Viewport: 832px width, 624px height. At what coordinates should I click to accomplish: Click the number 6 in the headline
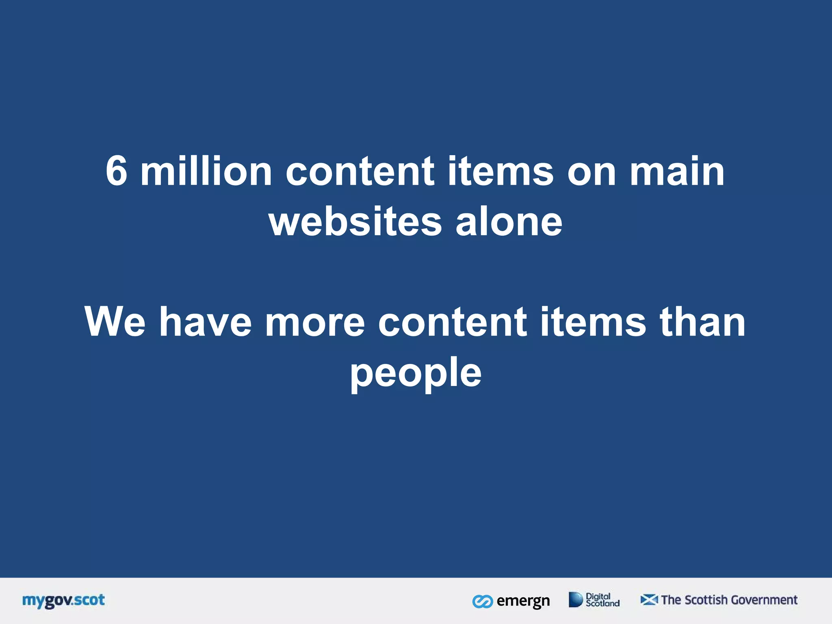click(117, 171)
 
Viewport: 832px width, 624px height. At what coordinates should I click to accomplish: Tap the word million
click(206, 171)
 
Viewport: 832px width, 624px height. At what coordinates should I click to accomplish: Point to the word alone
click(509, 222)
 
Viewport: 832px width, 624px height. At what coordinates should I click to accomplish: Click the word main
click(677, 171)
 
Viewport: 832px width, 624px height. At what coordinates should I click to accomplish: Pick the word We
click(115, 322)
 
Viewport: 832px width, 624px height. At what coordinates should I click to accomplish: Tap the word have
click(206, 322)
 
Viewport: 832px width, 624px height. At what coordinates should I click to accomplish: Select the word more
click(315, 322)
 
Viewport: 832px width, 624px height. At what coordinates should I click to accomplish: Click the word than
click(703, 322)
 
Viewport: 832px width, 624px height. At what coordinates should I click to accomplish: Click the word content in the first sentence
click(360, 171)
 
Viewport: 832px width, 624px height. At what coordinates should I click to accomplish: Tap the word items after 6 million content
click(500, 171)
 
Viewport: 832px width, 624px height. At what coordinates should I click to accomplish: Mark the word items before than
click(593, 322)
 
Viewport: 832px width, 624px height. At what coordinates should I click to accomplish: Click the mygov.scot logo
click(63, 600)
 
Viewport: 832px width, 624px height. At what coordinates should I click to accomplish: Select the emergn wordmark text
click(523, 601)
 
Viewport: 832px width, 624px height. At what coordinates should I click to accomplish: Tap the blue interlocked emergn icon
click(483, 602)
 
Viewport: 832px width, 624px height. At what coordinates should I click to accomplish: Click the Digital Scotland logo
click(594, 600)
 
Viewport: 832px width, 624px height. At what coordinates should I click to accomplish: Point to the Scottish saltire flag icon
click(649, 600)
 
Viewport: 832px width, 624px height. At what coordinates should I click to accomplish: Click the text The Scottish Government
click(729, 600)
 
